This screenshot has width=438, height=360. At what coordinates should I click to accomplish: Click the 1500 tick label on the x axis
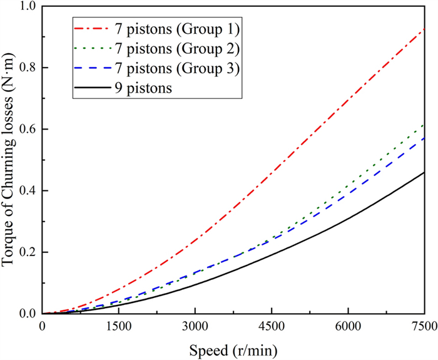coord(118,326)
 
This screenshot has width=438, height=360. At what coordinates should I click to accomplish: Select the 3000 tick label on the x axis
coord(195,326)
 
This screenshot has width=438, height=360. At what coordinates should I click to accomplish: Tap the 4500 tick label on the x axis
coord(271,326)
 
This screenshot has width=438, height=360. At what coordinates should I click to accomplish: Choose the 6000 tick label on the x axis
coord(348,326)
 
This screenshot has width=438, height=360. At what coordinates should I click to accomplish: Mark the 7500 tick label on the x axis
coord(424,326)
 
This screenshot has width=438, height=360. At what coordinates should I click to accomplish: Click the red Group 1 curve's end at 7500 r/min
coord(424,29)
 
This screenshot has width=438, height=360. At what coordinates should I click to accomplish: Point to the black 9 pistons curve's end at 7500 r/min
coord(424,172)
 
